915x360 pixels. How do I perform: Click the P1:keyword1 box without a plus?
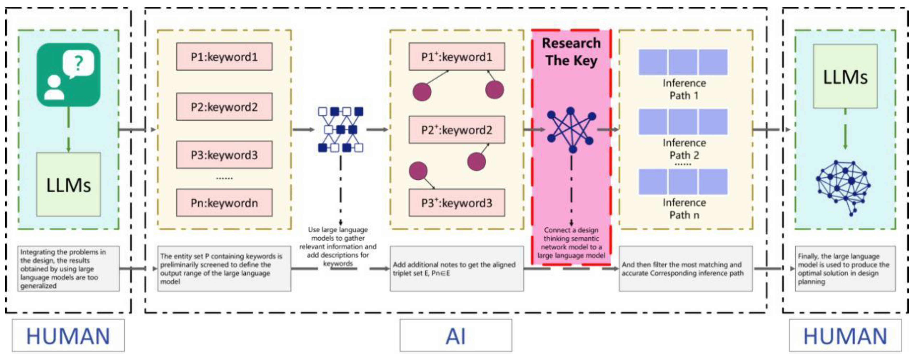tap(224, 57)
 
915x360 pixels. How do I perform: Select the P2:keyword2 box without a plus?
tap(224, 107)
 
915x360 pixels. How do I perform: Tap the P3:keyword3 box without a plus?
tap(224, 154)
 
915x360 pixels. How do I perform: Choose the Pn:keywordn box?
tap(224, 203)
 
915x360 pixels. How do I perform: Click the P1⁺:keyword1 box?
tap(456, 57)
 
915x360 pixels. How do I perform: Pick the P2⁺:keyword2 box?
tap(456, 130)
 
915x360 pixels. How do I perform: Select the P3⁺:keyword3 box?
tap(456, 203)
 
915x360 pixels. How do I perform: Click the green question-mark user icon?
tap(69, 75)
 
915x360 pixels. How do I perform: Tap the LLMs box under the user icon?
tap(69, 184)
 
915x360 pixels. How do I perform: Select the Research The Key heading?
tap(571, 52)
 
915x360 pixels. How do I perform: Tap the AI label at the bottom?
tap(456, 335)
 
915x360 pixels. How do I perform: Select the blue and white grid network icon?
tap(340, 130)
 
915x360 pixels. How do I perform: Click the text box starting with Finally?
tap(845, 269)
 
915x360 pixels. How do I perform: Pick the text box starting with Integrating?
tap(68, 269)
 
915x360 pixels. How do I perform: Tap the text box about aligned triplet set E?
tap(456, 269)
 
